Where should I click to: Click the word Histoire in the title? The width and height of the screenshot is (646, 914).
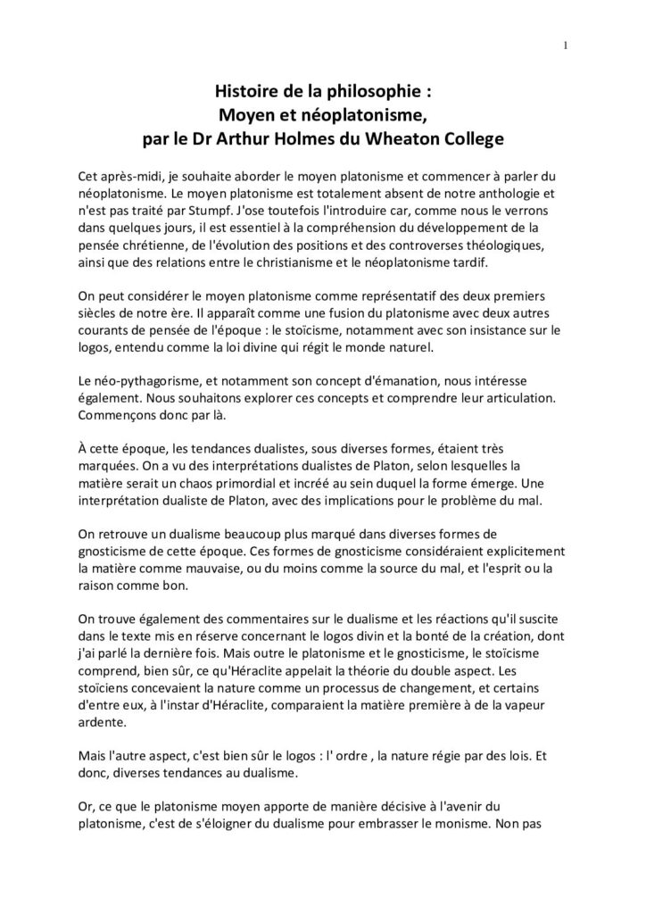pyautogui.click(x=247, y=91)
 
